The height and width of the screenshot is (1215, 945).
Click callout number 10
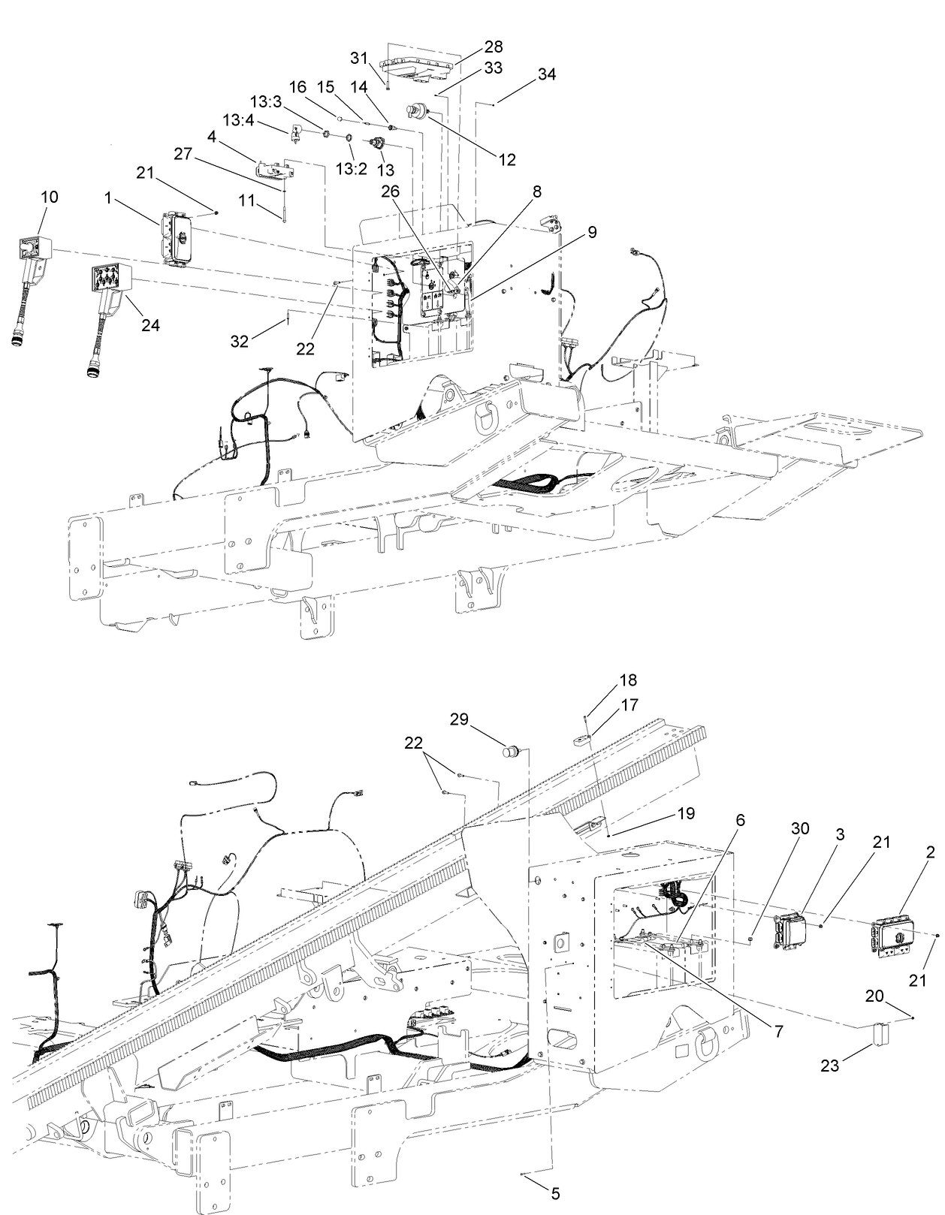(x=50, y=197)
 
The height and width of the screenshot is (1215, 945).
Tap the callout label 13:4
(x=238, y=119)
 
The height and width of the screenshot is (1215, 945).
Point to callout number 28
(x=493, y=46)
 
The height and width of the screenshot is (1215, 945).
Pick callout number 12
(x=507, y=159)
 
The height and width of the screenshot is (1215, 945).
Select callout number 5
(x=555, y=1192)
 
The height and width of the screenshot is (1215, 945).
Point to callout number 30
(x=800, y=828)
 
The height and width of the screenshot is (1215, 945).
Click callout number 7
(x=777, y=1032)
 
